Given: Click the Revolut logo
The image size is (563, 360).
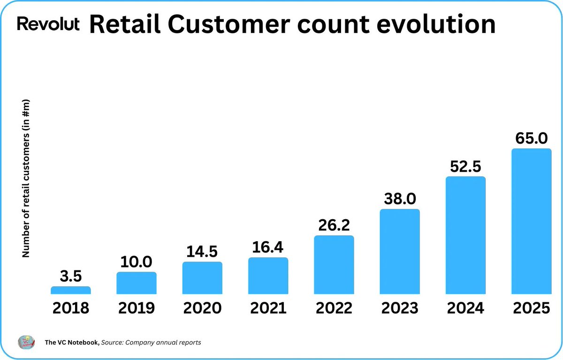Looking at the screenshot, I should point(48,24).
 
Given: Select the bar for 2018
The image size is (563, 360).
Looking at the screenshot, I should point(71,290).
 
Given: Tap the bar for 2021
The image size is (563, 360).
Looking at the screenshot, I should point(268,276).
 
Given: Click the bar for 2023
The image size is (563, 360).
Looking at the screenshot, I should point(400,252).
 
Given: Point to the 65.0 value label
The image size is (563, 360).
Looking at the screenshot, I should point(531,138).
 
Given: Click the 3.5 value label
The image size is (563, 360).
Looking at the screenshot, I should point(71,276).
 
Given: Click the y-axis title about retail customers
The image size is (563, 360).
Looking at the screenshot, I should point(26,178).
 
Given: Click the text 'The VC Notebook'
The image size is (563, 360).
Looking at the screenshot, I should point(72,343).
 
